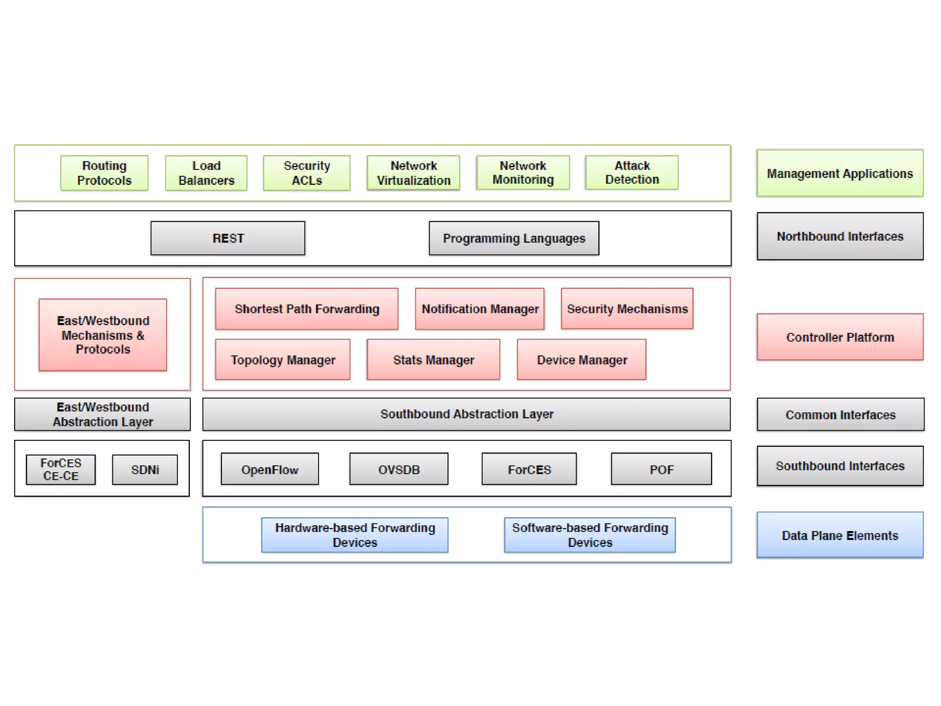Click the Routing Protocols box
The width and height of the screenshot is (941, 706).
(104, 173)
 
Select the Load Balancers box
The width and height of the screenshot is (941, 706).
(206, 173)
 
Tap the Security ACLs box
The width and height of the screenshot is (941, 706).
(306, 173)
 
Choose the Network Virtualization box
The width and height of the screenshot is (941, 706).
(414, 173)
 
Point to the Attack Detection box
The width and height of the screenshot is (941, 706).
(632, 173)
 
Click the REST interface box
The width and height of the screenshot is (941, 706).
(228, 238)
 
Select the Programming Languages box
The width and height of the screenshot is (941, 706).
(514, 238)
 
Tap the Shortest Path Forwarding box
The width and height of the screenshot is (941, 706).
(306, 309)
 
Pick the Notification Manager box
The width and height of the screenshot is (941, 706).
(480, 309)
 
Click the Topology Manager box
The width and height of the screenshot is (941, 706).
(283, 359)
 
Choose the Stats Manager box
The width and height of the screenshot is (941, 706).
(433, 359)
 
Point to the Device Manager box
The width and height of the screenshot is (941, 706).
(582, 359)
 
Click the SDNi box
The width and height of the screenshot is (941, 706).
(145, 469)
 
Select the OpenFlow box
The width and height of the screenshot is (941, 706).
(270, 469)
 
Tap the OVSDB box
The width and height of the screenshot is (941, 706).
(399, 469)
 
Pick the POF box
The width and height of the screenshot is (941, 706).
(661, 469)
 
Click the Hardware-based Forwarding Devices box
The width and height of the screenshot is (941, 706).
(355, 535)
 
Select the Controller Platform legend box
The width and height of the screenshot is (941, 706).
(840, 337)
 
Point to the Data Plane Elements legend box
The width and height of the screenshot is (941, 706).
(840, 535)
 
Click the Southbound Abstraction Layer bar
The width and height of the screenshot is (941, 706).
(466, 414)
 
